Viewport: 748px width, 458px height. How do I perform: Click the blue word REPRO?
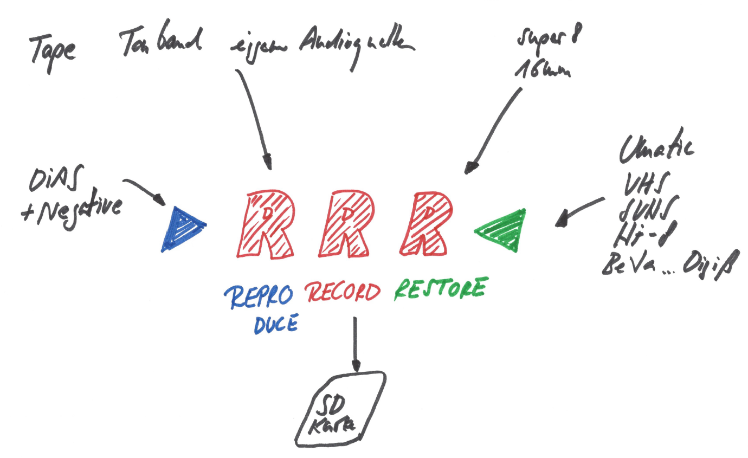click(x=259, y=296)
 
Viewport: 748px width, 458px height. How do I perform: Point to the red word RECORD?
click(x=343, y=293)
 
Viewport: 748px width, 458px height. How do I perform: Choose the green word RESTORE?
click(x=439, y=288)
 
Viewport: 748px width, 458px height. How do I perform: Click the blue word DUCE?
click(x=275, y=323)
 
